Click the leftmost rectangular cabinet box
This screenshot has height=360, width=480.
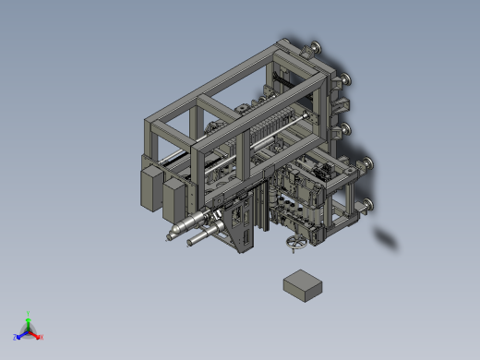[x=150, y=185]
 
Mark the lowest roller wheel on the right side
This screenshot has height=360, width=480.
[x=367, y=205]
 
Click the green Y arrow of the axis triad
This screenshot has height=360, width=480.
[x=29, y=316]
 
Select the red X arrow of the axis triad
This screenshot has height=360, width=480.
[x=39, y=336]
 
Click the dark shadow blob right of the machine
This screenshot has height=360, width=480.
[x=387, y=239]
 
